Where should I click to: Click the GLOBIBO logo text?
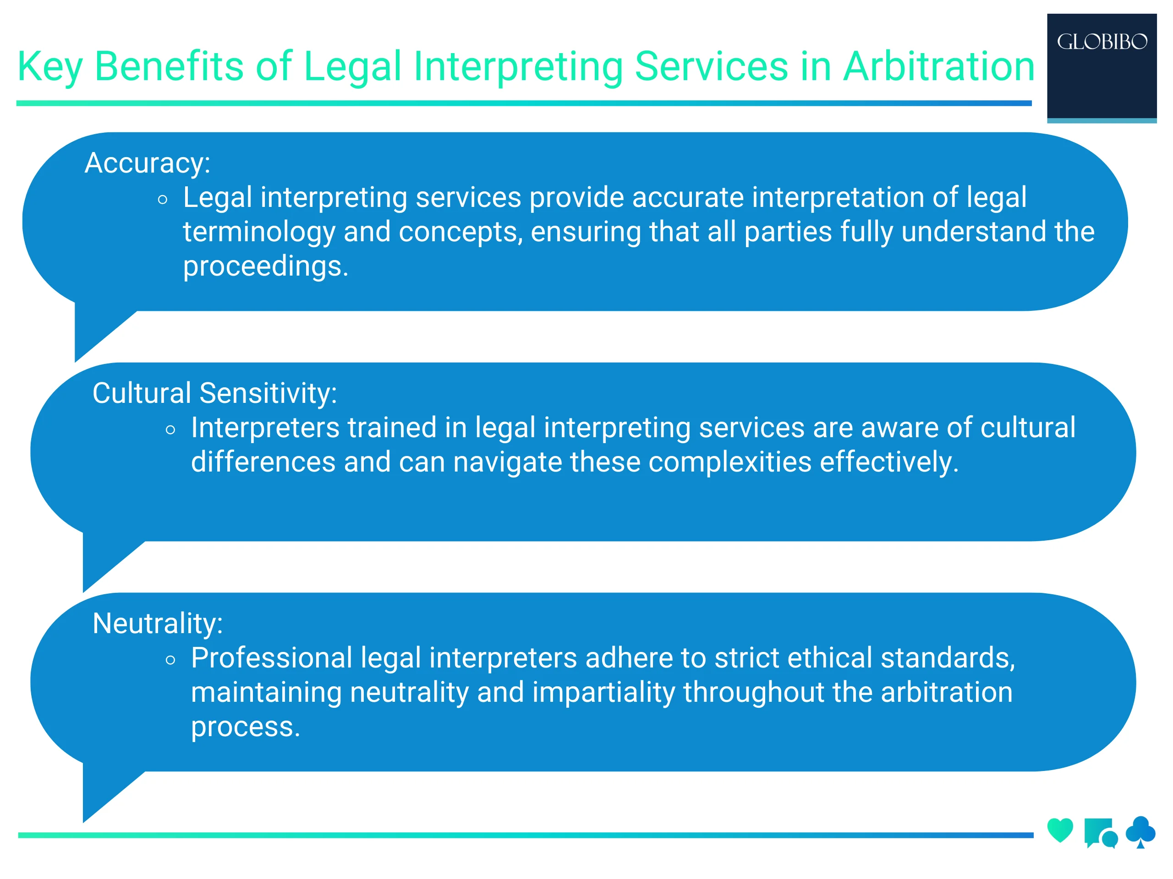(x=1102, y=42)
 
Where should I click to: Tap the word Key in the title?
(x=50, y=67)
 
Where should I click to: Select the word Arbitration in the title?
(x=938, y=66)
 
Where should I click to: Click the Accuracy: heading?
(x=148, y=163)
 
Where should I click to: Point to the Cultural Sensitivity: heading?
(x=215, y=393)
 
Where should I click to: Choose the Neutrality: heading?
(x=158, y=623)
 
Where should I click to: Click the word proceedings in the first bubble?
(x=266, y=266)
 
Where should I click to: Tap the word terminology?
(x=259, y=232)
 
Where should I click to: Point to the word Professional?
(x=272, y=657)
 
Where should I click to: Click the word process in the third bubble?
(x=245, y=727)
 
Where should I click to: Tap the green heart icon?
(x=1060, y=830)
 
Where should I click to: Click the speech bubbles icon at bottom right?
(x=1101, y=833)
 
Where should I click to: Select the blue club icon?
(x=1140, y=832)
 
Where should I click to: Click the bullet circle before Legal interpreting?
(x=163, y=200)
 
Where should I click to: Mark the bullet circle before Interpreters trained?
(x=170, y=430)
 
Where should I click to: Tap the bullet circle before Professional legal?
(x=170, y=660)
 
